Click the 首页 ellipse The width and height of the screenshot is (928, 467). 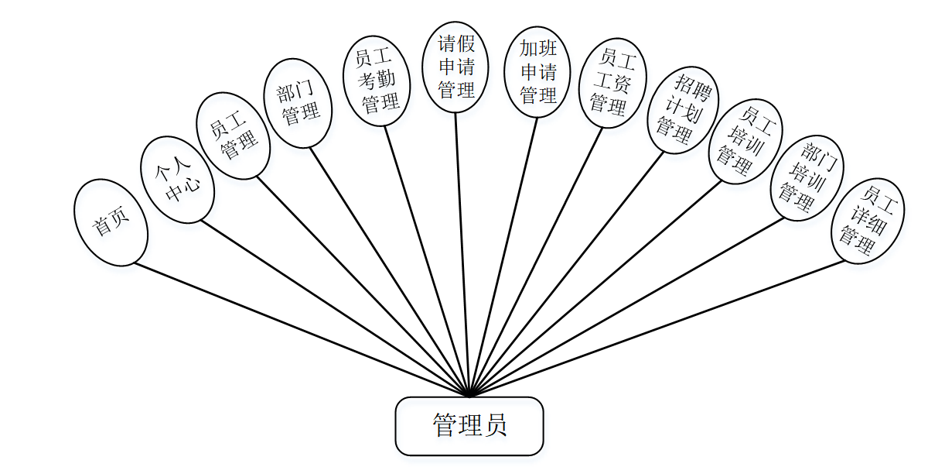point(111,223)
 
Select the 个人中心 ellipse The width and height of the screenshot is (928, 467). point(177,180)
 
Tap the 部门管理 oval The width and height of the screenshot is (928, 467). point(299,103)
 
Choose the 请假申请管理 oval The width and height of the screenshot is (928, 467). point(455,67)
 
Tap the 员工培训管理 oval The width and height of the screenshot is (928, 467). point(745,141)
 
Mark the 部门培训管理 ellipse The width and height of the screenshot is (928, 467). point(807,177)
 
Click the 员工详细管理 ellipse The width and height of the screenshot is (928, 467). point(867,221)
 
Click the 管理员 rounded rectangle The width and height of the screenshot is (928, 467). point(469,426)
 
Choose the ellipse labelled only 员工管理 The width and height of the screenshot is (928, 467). point(234,136)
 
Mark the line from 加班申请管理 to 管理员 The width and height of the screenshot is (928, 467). point(503,256)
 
